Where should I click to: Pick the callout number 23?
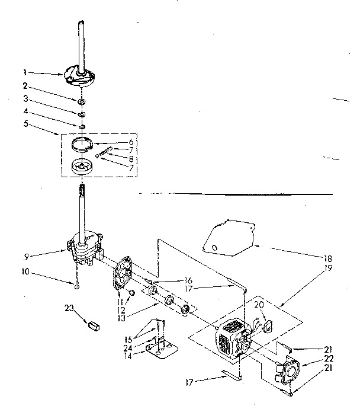(x=69, y=308)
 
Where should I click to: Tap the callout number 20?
(x=258, y=305)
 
